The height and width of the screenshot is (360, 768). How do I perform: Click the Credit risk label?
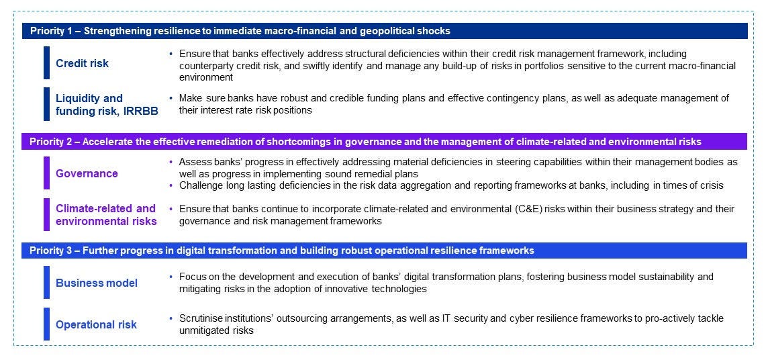(x=82, y=63)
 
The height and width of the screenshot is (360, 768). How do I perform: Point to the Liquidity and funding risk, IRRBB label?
(x=107, y=105)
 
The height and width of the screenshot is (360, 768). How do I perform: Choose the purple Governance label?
(x=87, y=173)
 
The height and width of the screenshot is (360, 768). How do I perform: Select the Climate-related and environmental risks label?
(x=106, y=215)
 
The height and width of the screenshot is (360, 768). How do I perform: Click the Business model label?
(x=97, y=283)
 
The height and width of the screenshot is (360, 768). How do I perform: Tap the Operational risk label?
(x=96, y=324)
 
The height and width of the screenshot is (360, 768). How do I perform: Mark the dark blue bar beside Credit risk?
(x=47, y=62)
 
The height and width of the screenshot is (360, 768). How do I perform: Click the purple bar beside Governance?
(x=47, y=173)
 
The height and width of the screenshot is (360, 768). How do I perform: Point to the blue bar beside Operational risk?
(x=47, y=324)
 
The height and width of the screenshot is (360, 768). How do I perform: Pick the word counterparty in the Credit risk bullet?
(x=206, y=65)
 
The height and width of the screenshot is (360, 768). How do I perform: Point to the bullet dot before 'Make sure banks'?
(x=171, y=98)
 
